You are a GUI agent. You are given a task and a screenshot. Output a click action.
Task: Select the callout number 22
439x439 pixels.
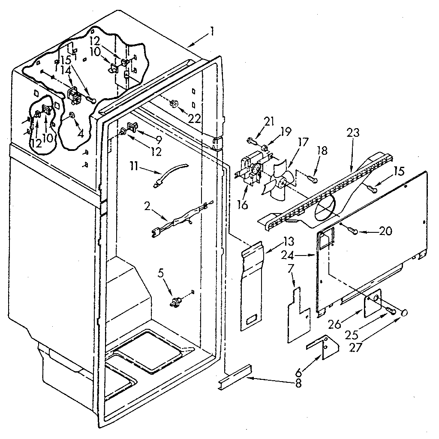coord(194,118)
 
